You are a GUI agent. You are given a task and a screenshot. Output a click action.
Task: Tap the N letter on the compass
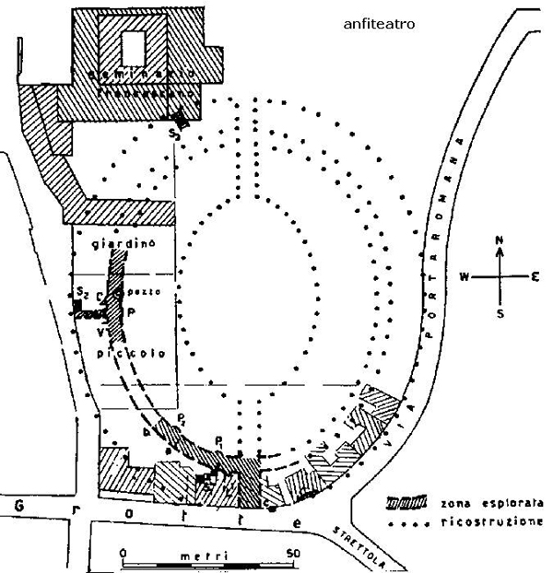(499, 240)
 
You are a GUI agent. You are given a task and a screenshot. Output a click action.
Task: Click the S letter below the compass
(500, 311)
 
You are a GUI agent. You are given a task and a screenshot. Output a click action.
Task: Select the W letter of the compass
(465, 275)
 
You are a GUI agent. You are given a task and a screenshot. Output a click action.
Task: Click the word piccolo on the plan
(124, 354)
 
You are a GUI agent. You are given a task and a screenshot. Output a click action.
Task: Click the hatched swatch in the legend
(406, 504)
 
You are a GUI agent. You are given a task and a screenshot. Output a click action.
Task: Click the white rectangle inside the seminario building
(135, 44)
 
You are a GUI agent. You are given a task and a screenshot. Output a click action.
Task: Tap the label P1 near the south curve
(219, 439)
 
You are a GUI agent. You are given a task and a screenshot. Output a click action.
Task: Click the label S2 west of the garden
(82, 293)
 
